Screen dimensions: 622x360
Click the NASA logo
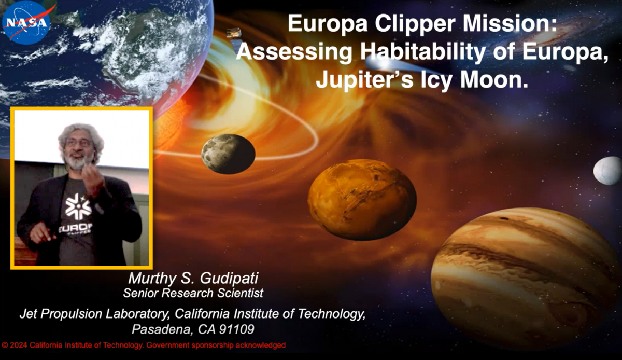27,23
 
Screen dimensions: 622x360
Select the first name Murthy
152,279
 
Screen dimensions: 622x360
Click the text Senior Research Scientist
193,293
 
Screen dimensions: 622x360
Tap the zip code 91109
236,329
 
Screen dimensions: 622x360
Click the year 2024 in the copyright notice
19,345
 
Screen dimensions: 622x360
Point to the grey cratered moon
228,154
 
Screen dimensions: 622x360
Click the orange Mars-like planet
362,200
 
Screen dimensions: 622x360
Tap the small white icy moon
607,171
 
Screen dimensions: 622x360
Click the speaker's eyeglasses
79,143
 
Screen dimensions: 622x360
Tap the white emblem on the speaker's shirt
78,206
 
